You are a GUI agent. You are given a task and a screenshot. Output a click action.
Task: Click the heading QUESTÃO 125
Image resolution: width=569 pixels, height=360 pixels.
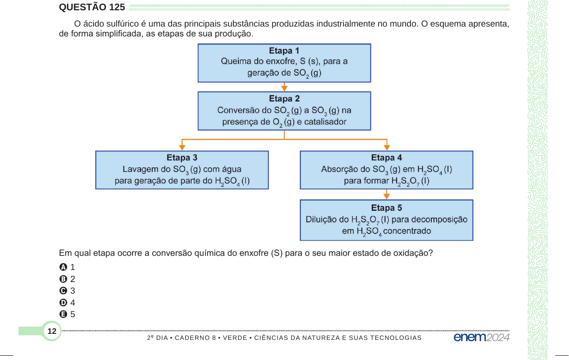tap(92, 7)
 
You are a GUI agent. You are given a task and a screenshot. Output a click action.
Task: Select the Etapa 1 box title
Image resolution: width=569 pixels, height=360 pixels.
tap(284, 51)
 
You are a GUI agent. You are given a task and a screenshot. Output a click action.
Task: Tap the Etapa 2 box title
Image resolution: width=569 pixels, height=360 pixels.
tap(284, 99)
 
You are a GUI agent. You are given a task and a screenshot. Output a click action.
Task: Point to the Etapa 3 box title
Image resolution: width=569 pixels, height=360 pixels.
tap(182, 158)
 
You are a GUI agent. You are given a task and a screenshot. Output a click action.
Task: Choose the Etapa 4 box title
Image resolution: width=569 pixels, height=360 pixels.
tap(386, 158)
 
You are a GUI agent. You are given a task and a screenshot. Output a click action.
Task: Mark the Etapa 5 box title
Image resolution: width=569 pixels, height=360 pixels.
tap(386, 208)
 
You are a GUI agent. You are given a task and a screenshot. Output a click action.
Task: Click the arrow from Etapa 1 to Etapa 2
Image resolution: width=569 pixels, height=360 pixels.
tap(284, 87)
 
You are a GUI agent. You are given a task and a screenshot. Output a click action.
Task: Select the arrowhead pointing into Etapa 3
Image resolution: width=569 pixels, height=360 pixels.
tap(182, 147)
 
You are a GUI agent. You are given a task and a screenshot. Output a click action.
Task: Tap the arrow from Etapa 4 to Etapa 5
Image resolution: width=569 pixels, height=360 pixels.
tap(386, 195)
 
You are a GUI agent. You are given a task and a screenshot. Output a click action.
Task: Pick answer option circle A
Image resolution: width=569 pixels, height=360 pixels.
tap(63, 267)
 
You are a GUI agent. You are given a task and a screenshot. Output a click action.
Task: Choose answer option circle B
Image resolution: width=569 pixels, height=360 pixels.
tap(63, 279)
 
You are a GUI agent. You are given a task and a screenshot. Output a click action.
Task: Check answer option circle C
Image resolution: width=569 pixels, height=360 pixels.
tap(63, 291)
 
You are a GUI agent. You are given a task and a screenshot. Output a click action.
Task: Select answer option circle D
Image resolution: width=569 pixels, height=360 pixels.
tap(63, 303)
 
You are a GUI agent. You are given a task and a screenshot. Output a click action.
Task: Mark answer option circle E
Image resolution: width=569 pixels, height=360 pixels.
tap(63, 314)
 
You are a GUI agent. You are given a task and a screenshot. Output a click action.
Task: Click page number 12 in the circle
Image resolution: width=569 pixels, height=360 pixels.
tap(52, 331)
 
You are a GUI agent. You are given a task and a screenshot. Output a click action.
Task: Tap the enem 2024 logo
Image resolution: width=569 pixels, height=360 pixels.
tap(482, 337)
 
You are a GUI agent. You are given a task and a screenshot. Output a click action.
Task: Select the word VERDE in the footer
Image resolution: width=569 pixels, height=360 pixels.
tap(235, 338)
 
